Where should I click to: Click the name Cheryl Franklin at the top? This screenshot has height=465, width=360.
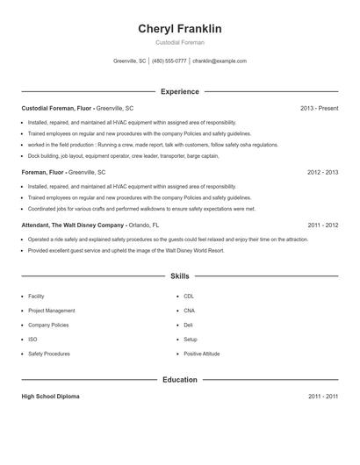click(x=180, y=29)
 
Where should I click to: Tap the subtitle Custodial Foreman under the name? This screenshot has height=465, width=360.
click(x=180, y=43)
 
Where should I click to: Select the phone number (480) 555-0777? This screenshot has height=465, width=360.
click(x=169, y=61)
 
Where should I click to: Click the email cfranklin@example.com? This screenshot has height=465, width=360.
click(x=220, y=61)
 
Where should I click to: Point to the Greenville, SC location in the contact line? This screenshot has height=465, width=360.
click(x=130, y=61)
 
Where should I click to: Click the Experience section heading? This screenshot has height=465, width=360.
click(x=180, y=91)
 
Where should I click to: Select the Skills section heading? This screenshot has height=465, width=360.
click(x=180, y=275)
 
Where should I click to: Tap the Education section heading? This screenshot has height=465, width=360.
click(x=180, y=380)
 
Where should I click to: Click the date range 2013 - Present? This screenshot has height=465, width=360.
click(x=319, y=108)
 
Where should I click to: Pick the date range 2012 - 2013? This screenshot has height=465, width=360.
click(x=322, y=173)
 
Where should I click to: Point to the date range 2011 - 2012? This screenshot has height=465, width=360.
click(x=322, y=225)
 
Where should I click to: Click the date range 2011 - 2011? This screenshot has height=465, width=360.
click(x=322, y=397)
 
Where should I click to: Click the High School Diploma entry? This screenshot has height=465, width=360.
click(x=50, y=397)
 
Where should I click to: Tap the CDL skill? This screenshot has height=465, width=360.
click(x=189, y=297)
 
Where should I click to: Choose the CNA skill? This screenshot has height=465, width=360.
click(x=189, y=311)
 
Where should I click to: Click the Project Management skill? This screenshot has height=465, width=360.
click(x=51, y=311)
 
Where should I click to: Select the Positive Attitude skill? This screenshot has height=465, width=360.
click(x=201, y=354)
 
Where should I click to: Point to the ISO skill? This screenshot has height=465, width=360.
click(x=32, y=339)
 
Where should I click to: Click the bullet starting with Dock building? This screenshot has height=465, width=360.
click(x=123, y=155)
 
